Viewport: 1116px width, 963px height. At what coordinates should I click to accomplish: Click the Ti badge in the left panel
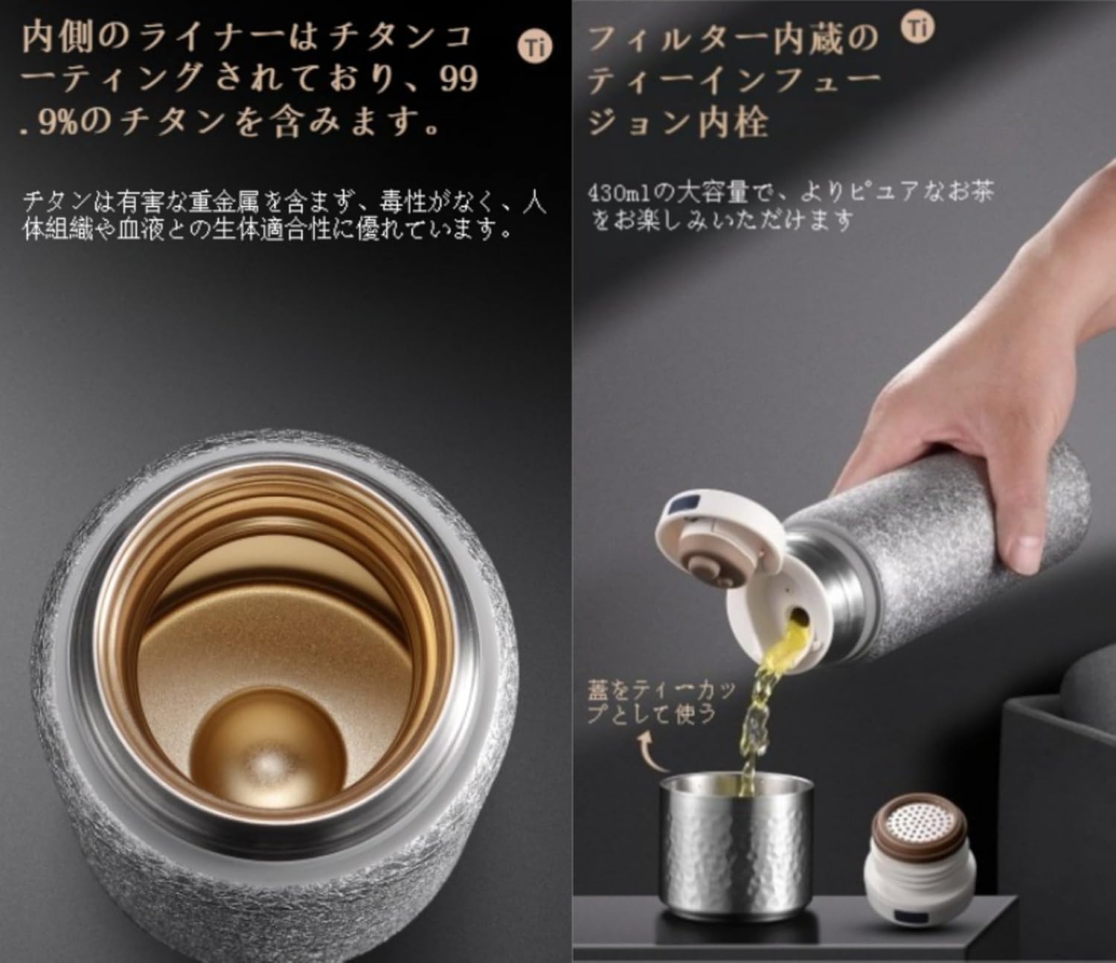(x=535, y=48)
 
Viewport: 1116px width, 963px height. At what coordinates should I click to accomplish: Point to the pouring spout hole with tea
(x=796, y=618)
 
